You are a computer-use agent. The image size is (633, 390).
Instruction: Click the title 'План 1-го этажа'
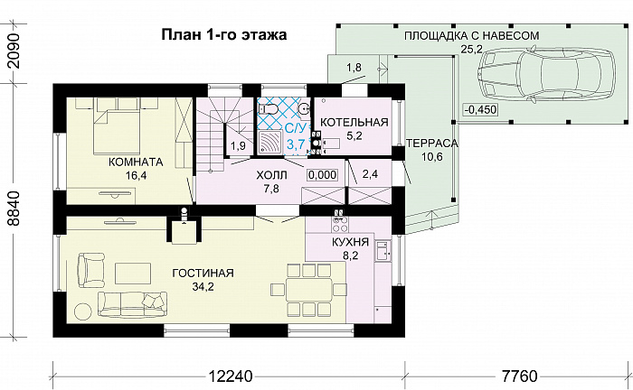pos(223,36)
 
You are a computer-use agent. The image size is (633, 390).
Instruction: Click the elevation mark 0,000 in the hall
pos(322,175)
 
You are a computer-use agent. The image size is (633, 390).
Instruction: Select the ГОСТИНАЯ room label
pos(204,273)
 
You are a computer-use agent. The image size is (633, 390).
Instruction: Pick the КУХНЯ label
pos(349,243)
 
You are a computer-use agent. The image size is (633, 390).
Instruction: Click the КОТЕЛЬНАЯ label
pos(354,122)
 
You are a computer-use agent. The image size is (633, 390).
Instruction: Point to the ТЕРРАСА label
pos(431,144)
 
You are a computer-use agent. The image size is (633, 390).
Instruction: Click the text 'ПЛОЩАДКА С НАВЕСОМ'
pos(471,35)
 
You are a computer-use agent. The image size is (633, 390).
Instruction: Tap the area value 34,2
pos(204,287)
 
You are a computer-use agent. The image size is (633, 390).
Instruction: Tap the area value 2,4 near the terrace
pos(370,174)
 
